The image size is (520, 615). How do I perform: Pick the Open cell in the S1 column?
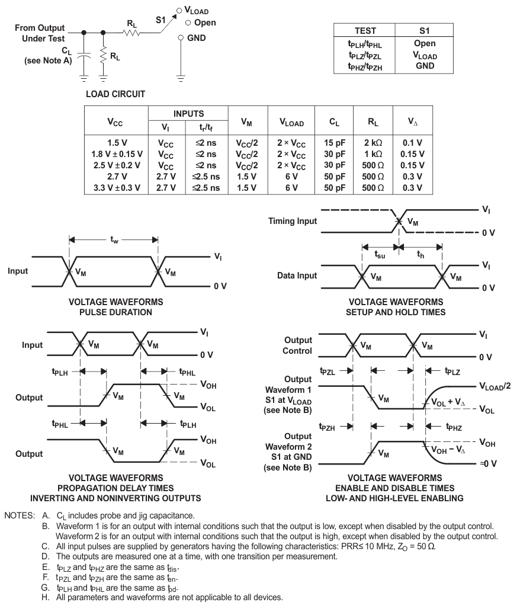(x=423, y=43)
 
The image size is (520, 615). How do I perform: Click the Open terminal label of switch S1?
(x=203, y=23)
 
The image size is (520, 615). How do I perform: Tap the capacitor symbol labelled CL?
(x=84, y=60)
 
